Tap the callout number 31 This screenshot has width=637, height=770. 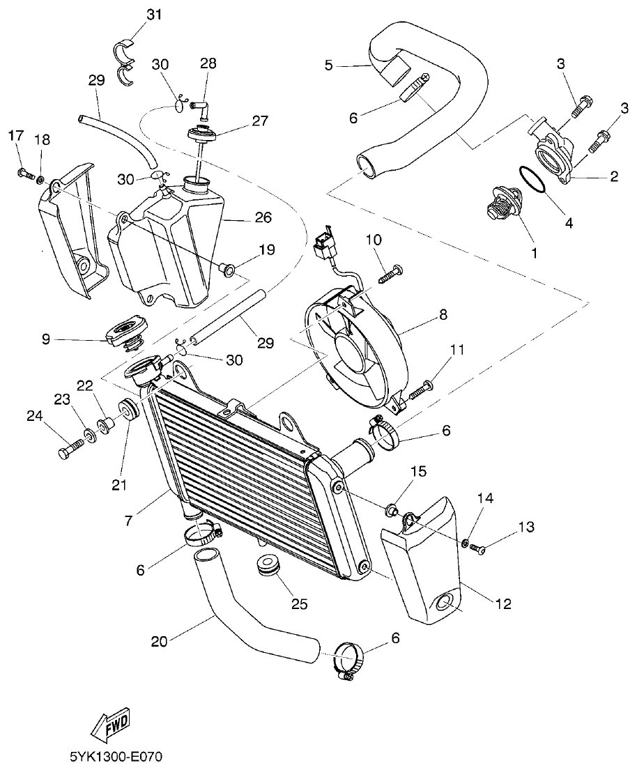[154, 15]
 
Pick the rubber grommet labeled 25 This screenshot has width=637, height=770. [268, 565]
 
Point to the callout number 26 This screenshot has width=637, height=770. [263, 218]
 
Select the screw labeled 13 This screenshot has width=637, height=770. [479, 548]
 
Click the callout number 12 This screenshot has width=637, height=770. [502, 603]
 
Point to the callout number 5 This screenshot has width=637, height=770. [328, 66]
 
